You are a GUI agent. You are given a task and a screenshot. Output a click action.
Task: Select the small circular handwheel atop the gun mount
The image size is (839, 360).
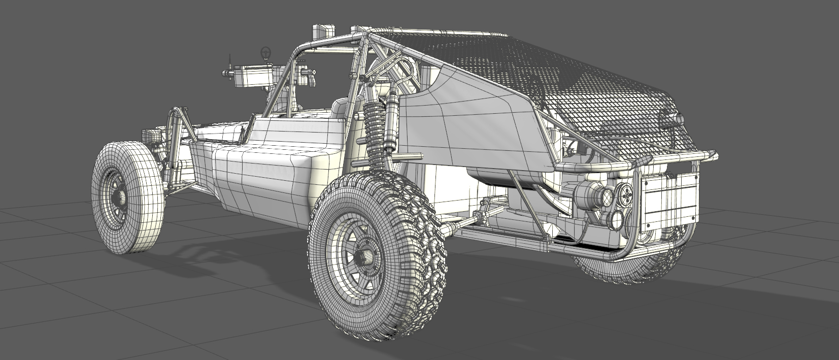pos(265,52)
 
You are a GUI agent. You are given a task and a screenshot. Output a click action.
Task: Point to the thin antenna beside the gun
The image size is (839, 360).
pos(228,63)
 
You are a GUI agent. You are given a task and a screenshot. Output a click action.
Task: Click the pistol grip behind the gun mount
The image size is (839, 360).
pos(306,76)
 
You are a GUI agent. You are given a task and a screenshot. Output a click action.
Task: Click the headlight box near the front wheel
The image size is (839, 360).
pos(151,136)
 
